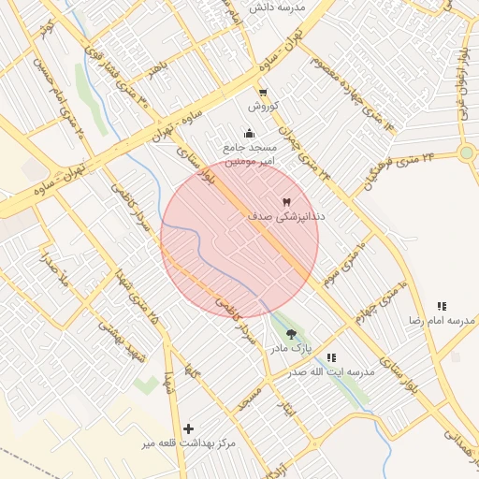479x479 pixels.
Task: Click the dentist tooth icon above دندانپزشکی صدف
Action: point(286,201)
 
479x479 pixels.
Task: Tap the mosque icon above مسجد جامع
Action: point(248,133)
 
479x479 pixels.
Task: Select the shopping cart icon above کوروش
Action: point(263,93)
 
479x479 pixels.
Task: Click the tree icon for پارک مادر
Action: point(291,333)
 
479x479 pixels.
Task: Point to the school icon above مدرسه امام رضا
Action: point(442,306)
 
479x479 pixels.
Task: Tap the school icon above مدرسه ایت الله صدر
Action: point(331,356)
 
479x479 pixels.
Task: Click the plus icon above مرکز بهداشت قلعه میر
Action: point(189,428)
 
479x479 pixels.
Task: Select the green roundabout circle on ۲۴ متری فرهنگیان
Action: point(467,152)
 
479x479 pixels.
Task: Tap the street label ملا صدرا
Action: point(51,267)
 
